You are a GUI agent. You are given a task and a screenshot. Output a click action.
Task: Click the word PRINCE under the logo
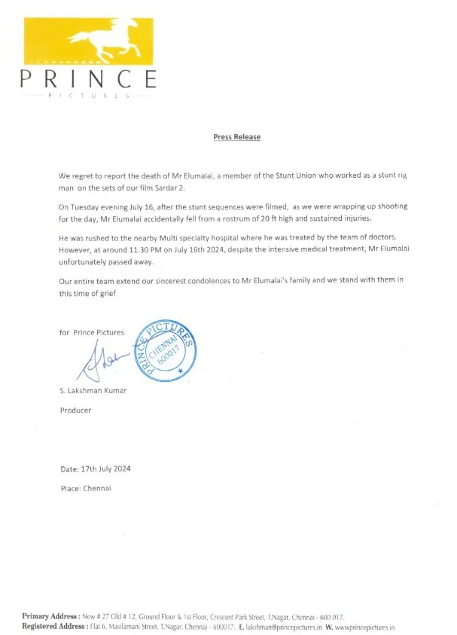[89, 78]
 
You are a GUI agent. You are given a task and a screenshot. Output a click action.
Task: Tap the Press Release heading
[236, 137]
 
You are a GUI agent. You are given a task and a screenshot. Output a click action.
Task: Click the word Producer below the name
[75, 411]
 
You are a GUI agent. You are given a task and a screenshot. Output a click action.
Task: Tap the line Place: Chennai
[85, 488]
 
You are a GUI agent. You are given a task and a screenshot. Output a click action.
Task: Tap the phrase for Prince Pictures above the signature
[93, 332]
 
